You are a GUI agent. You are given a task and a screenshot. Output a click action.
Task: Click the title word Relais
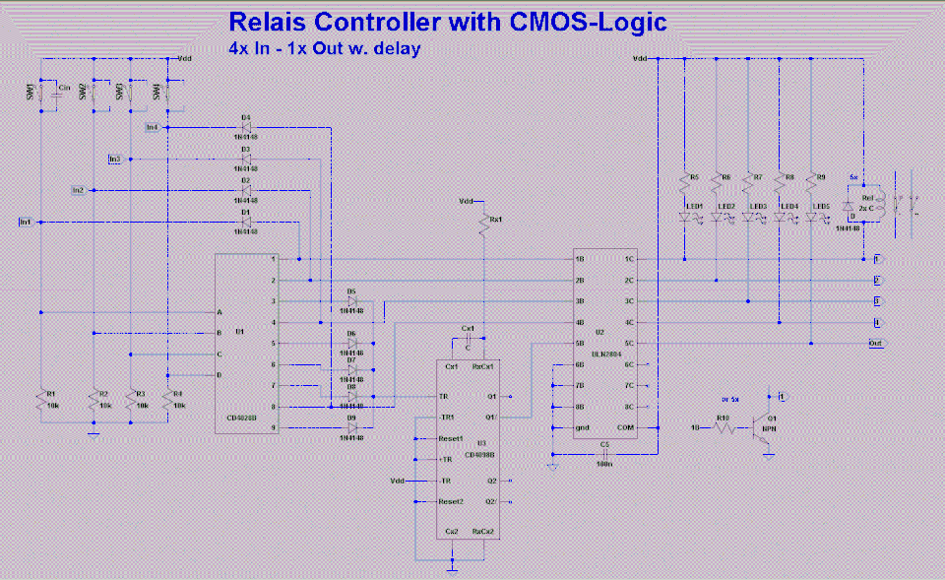(279, 21)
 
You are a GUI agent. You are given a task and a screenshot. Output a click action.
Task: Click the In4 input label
(151, 127)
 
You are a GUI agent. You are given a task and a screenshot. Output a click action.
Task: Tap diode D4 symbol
(246, 127)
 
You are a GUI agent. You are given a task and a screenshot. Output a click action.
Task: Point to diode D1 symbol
(246, 222)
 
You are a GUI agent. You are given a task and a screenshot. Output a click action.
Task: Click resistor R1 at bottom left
(41, 400)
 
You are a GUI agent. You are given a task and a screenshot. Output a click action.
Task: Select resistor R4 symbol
(168, 398)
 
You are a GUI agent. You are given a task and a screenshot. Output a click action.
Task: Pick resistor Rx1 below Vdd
(483, 227)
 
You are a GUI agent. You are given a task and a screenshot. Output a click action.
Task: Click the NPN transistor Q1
(764, 427)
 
